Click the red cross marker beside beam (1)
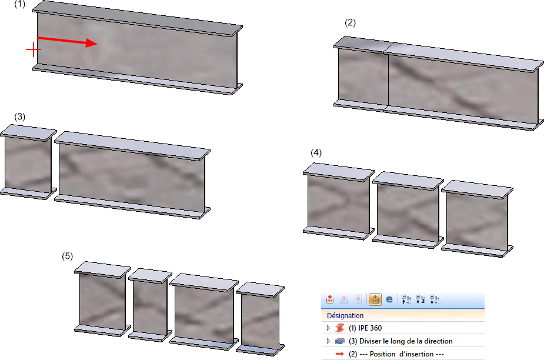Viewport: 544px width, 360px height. [x=34, y=49]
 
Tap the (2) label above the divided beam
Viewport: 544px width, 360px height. [x=350, y=22]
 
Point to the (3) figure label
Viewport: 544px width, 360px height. [x=20, y=116]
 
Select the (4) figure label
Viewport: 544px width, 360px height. [x=316, y=153]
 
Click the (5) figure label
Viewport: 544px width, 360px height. [x=67, y=256]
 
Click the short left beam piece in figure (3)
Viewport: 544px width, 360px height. [x=28, y=162]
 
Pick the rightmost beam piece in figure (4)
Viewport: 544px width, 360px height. [x=477, y=219]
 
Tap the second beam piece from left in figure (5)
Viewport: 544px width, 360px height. [x=150, y=305]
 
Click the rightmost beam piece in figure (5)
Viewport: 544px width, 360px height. [x=260, y=319]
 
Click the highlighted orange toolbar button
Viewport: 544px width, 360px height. [x=375, y=299]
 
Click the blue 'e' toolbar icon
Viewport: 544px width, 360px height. [x=389, y=299]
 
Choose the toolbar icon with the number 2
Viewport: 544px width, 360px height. [x=420, y=299]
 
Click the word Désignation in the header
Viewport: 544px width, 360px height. [x=345, y=315]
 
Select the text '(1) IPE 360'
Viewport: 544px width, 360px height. [x=365, y=328]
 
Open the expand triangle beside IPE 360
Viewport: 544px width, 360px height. [x=328, y=328]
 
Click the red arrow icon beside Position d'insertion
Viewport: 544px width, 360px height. [x=340, y=354]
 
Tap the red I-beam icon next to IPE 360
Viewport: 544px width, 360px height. [x=340, y=328]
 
